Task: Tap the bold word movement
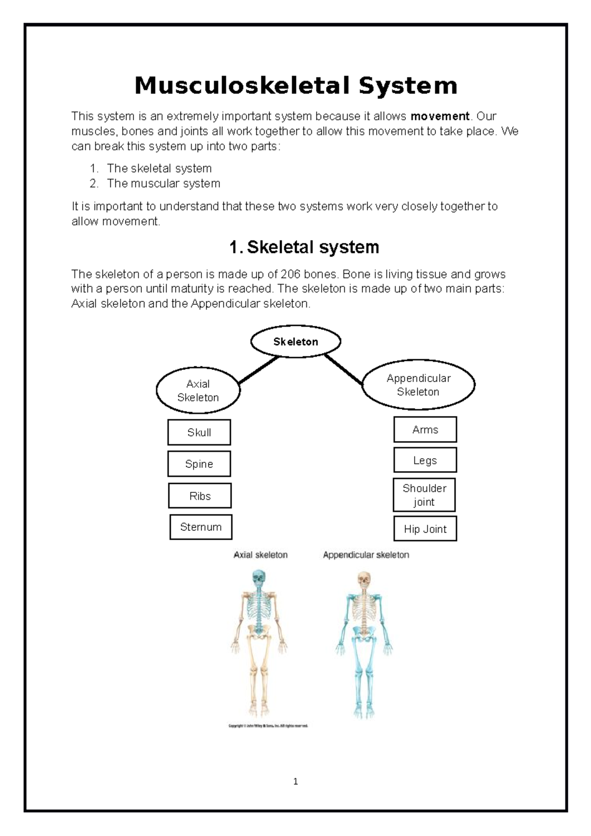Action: (440, 116)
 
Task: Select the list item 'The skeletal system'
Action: (159, 168)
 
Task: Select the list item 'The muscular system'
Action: (163, 184)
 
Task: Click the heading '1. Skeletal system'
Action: (304, 247)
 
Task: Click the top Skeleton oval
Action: (295, 341)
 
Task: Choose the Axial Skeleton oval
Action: (198, 390)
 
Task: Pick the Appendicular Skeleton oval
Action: (418, 385)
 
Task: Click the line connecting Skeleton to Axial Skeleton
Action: (259, 370)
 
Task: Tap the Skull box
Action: (199, 432)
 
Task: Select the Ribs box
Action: (200, 496)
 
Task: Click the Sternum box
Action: (201, 527)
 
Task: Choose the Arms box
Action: (425, 429)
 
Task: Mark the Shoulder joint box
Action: (424, 495)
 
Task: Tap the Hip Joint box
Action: (425, 529)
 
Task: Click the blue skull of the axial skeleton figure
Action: (258, 578)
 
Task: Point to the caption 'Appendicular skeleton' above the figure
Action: (366, 555)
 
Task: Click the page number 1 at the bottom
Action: (295, 781)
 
